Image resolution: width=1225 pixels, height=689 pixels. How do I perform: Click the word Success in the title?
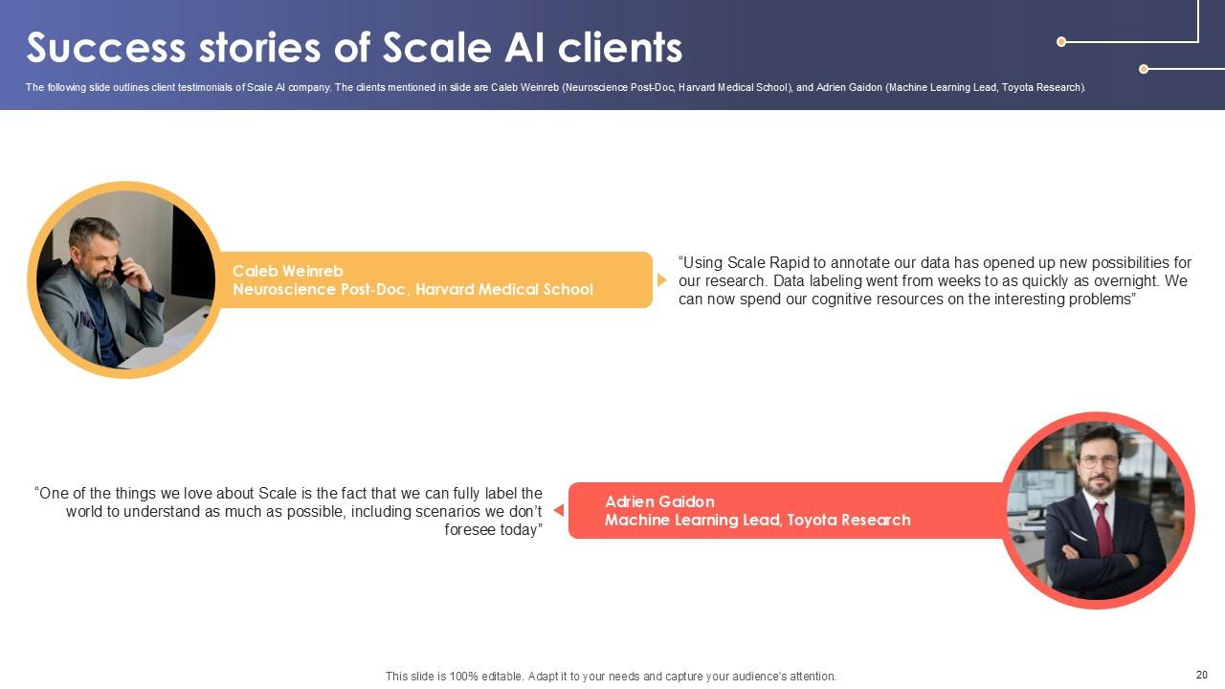point(105,48)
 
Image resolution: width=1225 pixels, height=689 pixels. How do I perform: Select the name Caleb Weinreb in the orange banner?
point(287,272)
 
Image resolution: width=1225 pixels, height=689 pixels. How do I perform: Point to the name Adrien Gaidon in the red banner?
point(659,502)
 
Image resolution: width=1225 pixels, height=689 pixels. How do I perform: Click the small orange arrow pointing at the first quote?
point(661,280)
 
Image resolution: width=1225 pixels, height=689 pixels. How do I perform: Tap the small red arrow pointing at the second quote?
point(559,510)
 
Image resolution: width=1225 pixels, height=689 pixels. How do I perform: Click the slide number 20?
point(1201,675)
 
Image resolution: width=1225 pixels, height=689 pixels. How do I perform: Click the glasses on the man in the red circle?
point(1098,461)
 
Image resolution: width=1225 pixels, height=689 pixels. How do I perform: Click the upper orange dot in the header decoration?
point(1061,42)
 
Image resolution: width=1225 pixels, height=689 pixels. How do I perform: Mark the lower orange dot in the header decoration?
point(1144,69)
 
